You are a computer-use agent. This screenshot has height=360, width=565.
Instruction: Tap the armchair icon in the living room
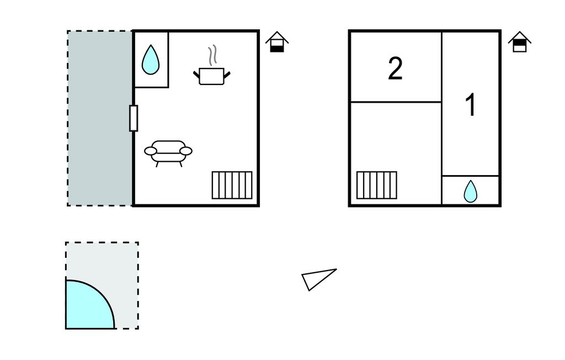click(x=168, y=151)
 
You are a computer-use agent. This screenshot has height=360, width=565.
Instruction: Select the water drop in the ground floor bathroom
click(x=151, y=60)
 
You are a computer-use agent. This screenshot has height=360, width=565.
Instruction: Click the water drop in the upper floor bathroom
click(x=470, y=192)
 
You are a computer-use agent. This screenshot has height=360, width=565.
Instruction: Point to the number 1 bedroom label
click(x=470, y=105)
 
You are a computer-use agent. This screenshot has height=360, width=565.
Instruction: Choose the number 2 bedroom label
click(x=395, y=69)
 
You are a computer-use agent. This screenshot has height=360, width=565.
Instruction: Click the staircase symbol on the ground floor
click(x=232, y=185)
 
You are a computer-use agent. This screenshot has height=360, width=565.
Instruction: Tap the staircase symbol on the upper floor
click(x=376, y=185)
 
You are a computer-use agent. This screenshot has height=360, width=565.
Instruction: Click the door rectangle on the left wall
click(x=133, y=118)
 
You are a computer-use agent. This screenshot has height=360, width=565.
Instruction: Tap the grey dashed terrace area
click(x=100, y=118)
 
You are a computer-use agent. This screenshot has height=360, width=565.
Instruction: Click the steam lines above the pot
click(x=211, y=56)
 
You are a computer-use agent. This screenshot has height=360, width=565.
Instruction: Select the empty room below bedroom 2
click(x=395, y=138)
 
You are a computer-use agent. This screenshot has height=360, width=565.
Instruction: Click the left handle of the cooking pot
click(x=196, y=73)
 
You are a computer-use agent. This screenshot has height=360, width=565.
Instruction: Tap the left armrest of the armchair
click(x=151, y=151)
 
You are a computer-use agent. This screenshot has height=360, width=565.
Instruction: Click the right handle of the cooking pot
click(x=227, y=73)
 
